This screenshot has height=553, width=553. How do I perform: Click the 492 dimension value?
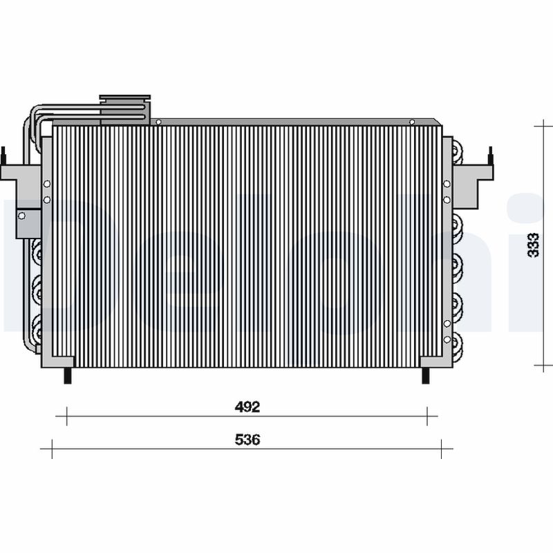[x=247, y=407]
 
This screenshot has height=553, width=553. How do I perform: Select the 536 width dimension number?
[x=247, y=440]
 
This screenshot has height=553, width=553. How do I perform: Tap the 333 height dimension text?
[x=532, y=245]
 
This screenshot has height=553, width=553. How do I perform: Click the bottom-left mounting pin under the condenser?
[x=67, y=375]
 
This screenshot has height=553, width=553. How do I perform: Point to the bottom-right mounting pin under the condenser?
[x=427, y=375]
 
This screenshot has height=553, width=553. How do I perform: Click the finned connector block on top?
[x=124, y=109]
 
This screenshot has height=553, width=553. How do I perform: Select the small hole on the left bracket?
[x=21, y=215]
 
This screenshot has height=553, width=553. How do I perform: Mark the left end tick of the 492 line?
[x=66, y=416]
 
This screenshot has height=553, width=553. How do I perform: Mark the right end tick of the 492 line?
[x=427, y=416]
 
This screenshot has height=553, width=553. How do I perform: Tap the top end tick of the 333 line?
[x=544, y=126]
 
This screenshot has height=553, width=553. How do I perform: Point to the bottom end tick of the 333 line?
[x=544, y=364]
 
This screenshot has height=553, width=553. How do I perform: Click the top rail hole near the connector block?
[x=158, y=122]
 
